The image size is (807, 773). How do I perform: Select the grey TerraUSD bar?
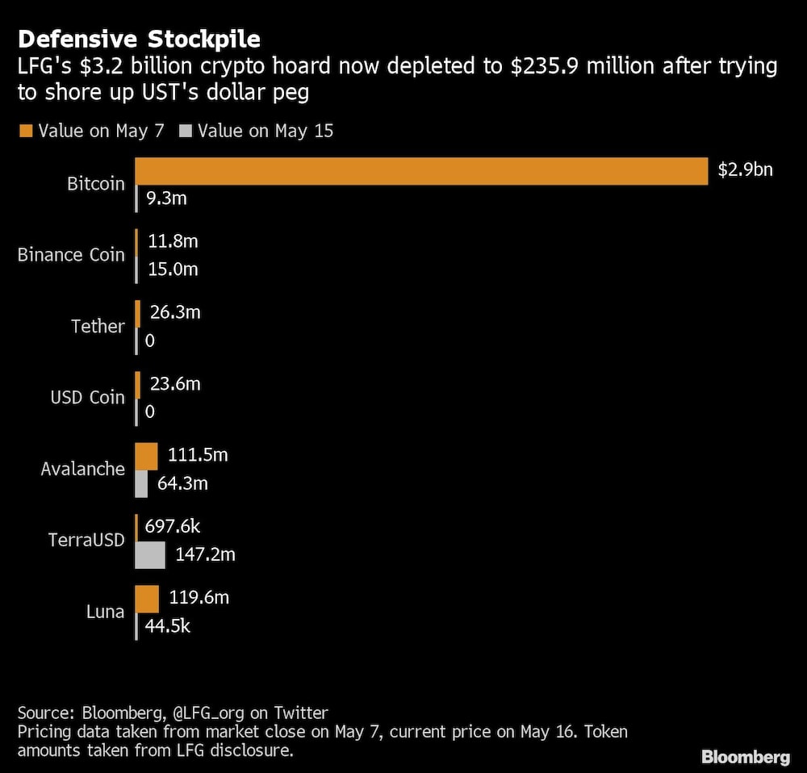coord(150,555)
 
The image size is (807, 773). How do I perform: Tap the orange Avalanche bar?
coord(146,456)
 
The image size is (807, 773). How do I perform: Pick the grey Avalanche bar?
coord(141,483)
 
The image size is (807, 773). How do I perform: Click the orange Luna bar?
coord(147,599)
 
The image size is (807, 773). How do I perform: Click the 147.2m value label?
coord(205,555)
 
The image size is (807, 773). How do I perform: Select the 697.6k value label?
coord(172,527)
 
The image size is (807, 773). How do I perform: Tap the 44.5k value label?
coord(167,626)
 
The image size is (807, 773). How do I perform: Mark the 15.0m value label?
coord(173,270)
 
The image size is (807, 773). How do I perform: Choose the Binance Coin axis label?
coord(71,255)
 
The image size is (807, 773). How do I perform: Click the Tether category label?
coord(98,327)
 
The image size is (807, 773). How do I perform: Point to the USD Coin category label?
coord(87,398)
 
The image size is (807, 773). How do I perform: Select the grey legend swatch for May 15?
coord(187,131)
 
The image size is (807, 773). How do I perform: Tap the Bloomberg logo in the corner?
coord(745,756)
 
